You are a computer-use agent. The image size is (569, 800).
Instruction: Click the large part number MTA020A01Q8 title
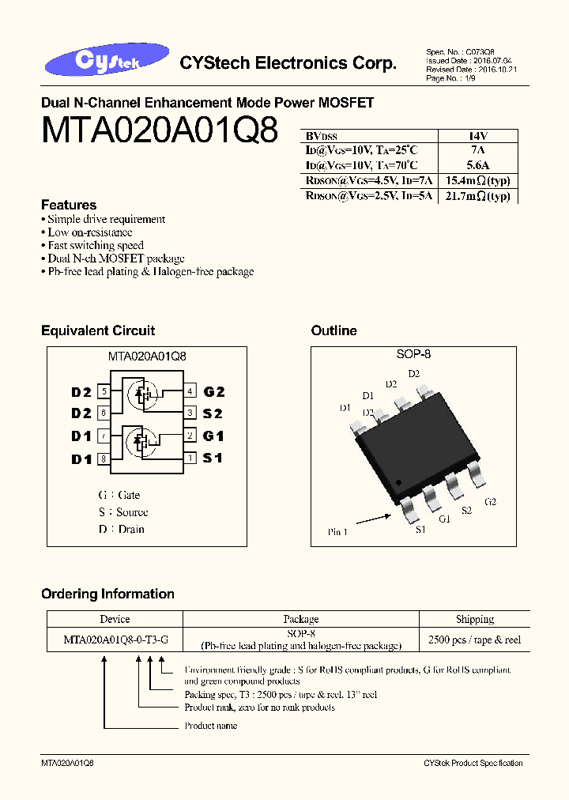click(159, 130)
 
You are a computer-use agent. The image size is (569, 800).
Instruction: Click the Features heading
click(69, 205)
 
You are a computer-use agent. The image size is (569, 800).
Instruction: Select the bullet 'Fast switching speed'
click(95, 245)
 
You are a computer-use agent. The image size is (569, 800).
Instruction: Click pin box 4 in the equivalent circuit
click(190, 391)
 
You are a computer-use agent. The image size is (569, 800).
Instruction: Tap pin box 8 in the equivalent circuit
click(104, 458)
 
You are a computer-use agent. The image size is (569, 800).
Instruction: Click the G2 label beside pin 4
click(214, 391)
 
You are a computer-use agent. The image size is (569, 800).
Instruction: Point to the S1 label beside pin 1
click(213, 458)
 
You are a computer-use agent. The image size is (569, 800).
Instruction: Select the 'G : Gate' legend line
click(119, 495)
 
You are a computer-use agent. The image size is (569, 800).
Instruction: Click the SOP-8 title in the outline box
click(413, 354)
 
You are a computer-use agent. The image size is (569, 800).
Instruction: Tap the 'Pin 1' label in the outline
click(337, 532)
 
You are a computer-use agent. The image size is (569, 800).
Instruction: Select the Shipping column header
click(475, 619)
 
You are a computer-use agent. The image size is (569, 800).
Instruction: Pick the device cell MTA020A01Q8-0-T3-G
click(115, 640)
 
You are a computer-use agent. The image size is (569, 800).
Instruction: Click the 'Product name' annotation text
click(211, 725)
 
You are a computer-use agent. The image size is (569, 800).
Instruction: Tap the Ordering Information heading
click(107, 594)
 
